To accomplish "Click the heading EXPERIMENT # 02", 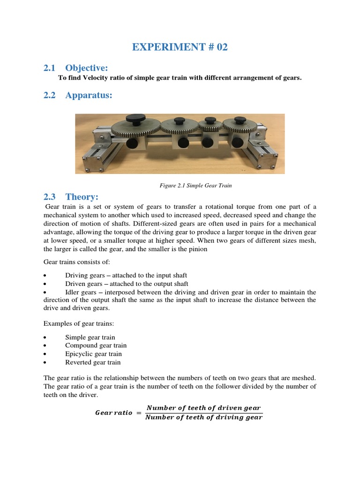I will point(180,47).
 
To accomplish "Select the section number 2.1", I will point(49,68).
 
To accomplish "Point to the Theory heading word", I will point(82,196).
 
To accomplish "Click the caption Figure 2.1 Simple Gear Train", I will point(196,186).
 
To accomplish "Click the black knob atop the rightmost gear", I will point(238,120).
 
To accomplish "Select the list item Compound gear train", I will point(96,345).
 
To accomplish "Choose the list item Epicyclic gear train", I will point(93,354).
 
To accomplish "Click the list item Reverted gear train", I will point(93,362).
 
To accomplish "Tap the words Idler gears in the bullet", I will point(82,292).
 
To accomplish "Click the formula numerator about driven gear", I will point(203,408).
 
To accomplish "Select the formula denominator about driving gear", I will point(203,418).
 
